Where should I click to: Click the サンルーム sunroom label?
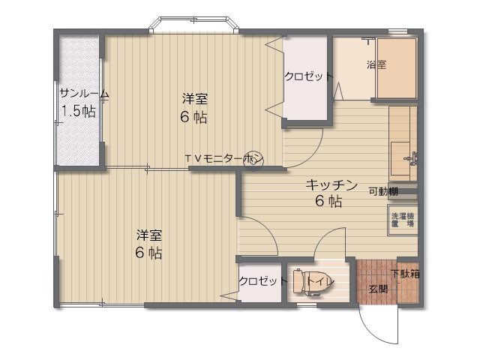point(84,93)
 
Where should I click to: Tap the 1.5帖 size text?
point(79,111)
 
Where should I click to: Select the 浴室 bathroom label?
point(376,64)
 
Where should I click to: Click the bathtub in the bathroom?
point(397,68)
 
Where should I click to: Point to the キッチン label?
point(331,185)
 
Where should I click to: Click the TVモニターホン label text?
point(224,158)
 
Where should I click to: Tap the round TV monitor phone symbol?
point(253,160)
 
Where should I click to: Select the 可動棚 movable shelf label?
point(383,192)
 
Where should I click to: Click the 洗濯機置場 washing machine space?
point(403,220)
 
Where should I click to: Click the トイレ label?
point(321,281)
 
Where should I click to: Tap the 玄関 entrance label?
point(378,289)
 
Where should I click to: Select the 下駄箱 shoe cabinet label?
point(405,273)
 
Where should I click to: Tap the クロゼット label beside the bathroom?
point(308,76)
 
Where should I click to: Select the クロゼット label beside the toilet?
point(263,280)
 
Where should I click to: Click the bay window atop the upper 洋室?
point(193,25)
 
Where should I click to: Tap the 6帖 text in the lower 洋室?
point(148,253)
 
